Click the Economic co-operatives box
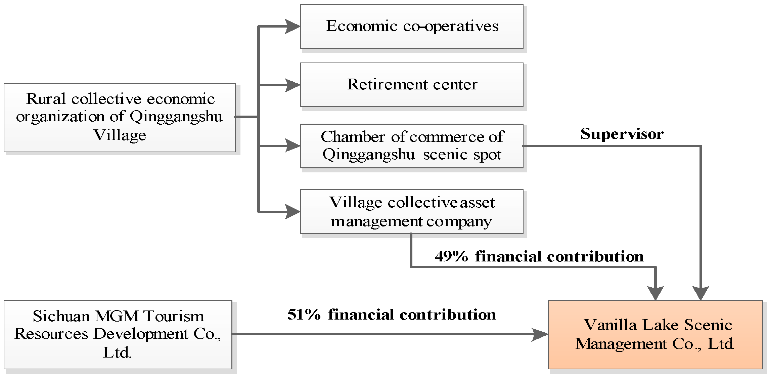click(x=412, y=26)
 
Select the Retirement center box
click(x=412, y=84)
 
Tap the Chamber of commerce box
click(x=412, y=146)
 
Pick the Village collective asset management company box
click(x=412, y=212)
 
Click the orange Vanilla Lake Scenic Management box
click(x=655, y=334)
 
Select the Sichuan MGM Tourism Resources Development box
click(x=118, y=334)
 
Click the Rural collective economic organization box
click(x=119, y=117)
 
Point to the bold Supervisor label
click(x=622, y=134)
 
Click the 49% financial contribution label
click(x=539, y=256)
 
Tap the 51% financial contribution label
click(x=392, y=315)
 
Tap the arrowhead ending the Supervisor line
click(x=701, y=293)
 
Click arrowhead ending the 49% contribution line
click(x=656, y=293)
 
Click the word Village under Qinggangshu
click(x=120, y=135)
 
